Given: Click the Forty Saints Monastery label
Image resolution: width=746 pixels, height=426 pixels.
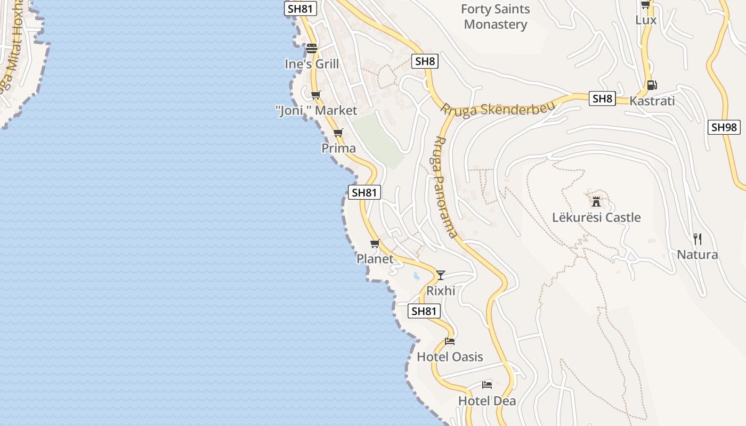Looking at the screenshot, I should [495, 17].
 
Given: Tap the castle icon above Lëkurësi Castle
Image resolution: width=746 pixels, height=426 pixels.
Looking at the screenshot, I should [596, 201].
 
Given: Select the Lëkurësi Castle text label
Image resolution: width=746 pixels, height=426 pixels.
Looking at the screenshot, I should [596, 217].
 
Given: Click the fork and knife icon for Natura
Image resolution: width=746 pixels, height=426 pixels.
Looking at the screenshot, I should [697, 239].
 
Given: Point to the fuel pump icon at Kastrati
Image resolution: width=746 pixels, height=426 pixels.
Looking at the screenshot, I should [651, 85].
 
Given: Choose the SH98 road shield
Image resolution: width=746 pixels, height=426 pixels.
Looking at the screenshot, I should [724, 127].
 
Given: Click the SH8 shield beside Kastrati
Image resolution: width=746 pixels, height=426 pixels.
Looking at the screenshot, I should [602, 99].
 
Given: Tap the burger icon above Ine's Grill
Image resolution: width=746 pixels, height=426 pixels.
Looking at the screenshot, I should [312, 48].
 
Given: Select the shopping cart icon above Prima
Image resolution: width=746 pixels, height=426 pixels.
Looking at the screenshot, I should [338, 133].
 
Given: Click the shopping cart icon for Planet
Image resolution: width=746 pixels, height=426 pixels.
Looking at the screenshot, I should [375, 243].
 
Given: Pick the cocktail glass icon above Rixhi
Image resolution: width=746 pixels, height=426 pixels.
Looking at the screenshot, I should [441, 275].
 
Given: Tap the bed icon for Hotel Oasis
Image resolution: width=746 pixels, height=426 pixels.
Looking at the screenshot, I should [450, 341].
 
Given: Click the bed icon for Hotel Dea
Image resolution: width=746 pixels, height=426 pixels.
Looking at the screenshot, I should [486, 384].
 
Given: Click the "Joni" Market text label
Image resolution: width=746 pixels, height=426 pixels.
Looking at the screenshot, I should [316, 111].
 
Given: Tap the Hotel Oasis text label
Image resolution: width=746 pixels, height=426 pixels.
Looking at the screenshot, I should [450, 357].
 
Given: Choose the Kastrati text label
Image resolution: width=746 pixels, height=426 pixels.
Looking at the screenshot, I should [652, 101].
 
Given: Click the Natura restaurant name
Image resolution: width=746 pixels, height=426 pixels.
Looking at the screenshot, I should [697, 255].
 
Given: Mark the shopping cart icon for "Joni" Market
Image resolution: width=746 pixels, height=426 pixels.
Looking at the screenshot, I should [316, 95].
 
